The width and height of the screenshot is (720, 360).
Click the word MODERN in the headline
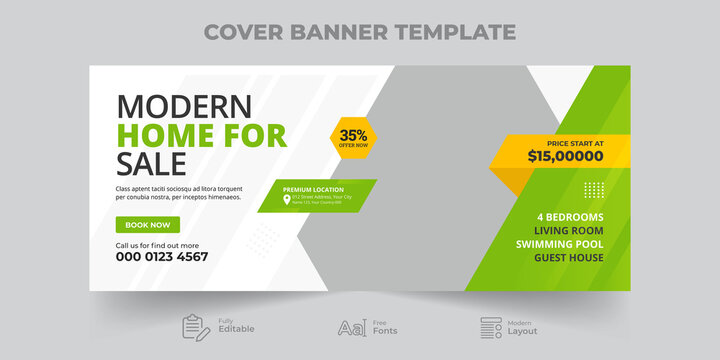pos(185,106)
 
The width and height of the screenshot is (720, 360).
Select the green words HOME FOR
pos(202,135)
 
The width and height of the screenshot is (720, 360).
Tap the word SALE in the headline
pos(151,164)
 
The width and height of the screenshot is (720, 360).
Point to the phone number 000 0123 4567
pos(162,257)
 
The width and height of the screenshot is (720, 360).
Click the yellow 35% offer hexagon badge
pos(351,136)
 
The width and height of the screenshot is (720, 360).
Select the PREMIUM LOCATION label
pos(313,189)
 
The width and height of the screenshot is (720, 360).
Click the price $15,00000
pos(565,156)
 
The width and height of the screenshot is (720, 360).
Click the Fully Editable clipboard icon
pos(194,327)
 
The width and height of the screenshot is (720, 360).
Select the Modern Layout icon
pos(490,327)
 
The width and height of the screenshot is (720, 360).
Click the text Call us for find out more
pos(157,245)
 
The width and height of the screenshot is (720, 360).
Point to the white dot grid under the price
pos(594,190)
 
